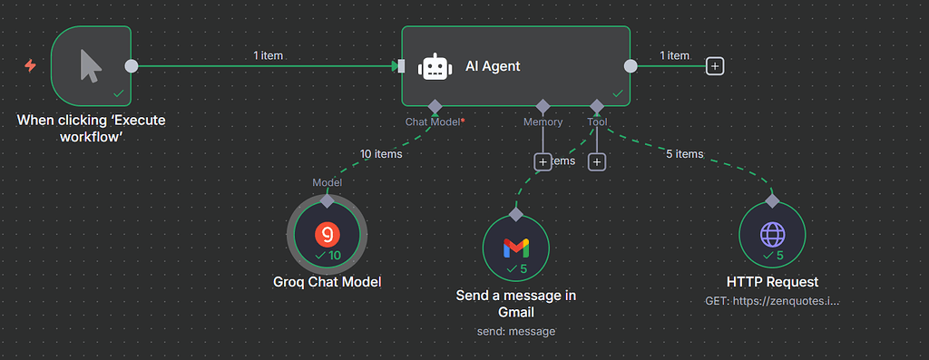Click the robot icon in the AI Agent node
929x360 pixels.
point(434,66)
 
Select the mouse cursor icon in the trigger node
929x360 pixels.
point(92,65)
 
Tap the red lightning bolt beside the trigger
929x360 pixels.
point(31,66)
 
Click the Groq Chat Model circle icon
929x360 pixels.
point(327,235)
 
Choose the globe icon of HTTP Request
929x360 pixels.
point(772,235)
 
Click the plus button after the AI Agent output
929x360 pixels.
point(715,66)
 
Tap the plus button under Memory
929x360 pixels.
point(543,161)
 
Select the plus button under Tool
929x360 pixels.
point(596,161)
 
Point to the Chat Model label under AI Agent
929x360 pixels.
point(434,122)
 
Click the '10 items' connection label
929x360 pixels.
point(381,154)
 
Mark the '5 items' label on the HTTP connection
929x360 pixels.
point(684,154)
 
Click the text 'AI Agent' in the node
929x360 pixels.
point(493,66)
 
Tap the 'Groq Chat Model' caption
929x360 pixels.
point(327,282)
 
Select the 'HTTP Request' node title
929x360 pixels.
point(772,282)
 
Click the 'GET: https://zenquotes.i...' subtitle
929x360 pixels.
point(772,300)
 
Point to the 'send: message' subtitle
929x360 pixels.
point(516,331)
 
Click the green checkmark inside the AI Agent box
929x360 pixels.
point(618,92)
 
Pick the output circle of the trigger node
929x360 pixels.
point(132,66)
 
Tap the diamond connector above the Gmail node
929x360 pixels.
point(516,214)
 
